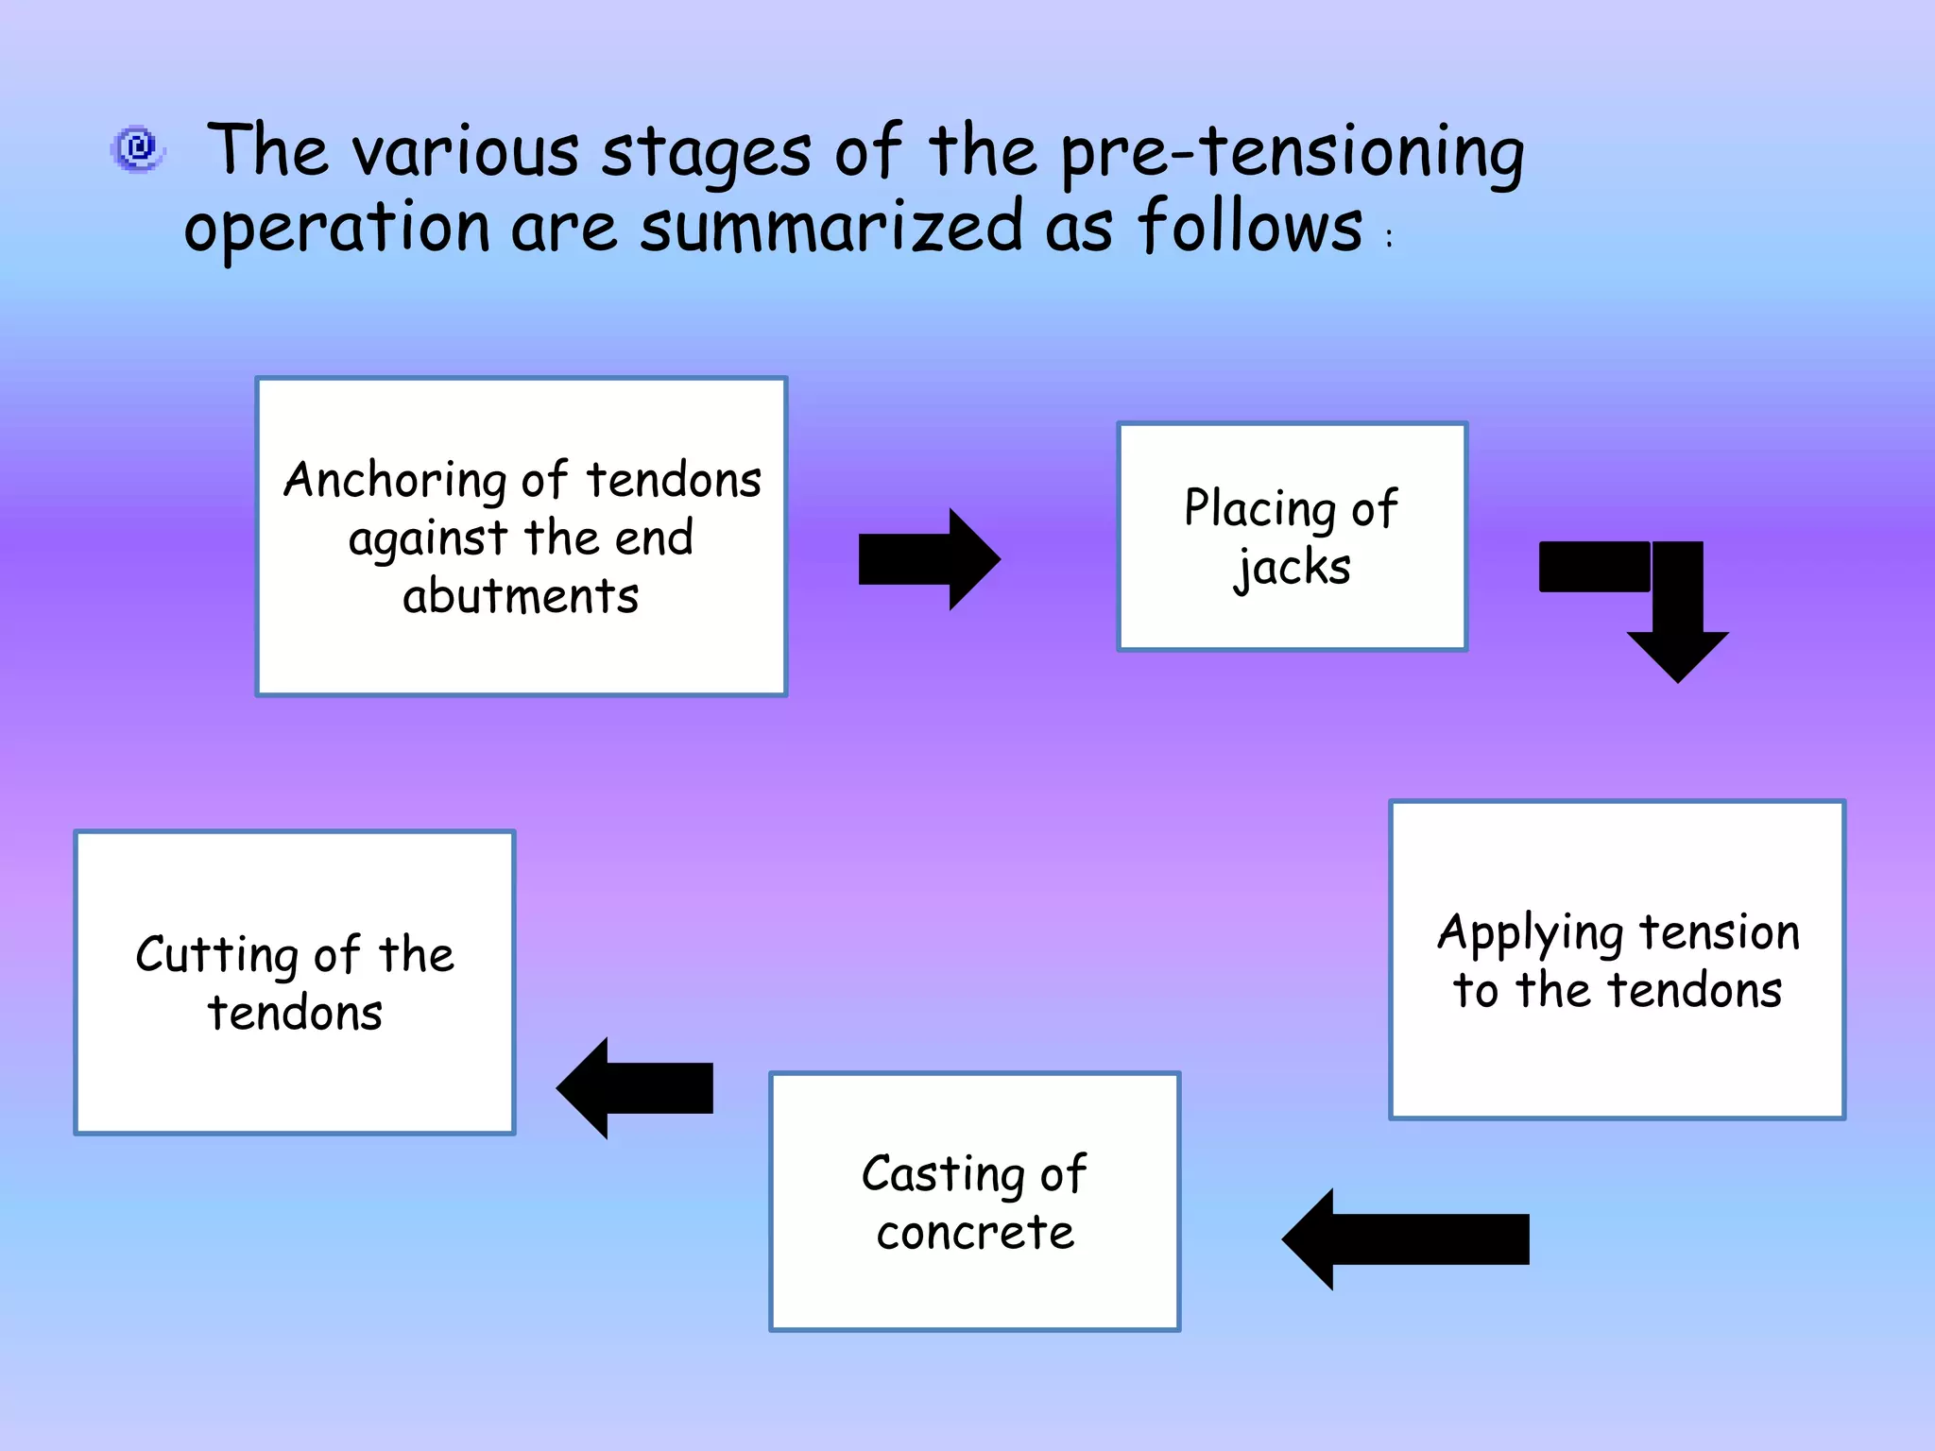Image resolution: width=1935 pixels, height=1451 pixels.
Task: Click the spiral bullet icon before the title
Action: pyautogui.click(x=139, y=148)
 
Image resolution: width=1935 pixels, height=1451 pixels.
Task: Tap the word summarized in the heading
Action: pyautogui.click(x=831, y=228)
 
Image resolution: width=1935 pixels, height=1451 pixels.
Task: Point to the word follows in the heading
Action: pyautogui.click(x=1249, y=228)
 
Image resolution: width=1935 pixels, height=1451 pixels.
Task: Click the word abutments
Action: pyautogui.click(x=521, y=597)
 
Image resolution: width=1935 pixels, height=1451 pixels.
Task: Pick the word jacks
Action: pyautogui.click(x=1293, y=569)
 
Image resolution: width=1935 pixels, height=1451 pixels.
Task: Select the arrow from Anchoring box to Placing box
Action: pyautogui.click(x=928, y=559)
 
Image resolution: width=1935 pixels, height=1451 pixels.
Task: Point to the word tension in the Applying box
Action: pyautogui.click(x=1720, y=932)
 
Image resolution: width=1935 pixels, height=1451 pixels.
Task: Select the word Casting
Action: pyautogui.click(x=943, y=1175)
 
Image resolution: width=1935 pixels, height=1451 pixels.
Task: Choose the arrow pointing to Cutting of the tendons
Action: pyautogui.click(x=635, y=1088)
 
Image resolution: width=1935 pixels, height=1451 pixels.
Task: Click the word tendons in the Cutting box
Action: pyautogui.click(x=295, y=1014)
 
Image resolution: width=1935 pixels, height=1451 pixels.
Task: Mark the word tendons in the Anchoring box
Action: pyautogui.click(x=674, y=480)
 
